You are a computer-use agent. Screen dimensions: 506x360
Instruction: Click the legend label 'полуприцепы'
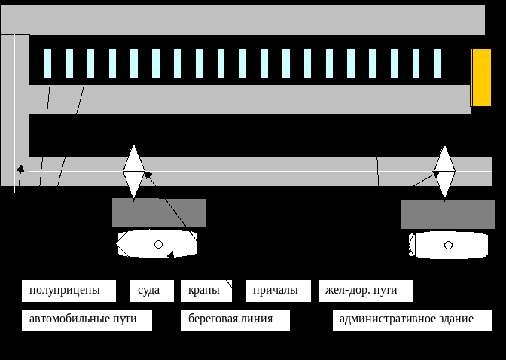click(x=69, y=291)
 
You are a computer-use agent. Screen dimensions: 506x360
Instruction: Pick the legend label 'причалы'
click(x=278, y=291)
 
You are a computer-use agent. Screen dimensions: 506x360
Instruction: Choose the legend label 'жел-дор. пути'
click(x=365, y=291)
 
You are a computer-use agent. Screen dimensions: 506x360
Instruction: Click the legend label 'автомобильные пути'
click(x=87, y=319)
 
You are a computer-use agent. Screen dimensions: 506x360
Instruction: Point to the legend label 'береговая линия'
click(x=236, y=319)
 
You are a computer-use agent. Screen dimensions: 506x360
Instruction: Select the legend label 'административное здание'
click(x=412, y=319)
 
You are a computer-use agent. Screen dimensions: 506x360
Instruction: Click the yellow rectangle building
click(x=480, y=78)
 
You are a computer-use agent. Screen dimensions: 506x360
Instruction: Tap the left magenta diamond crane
click(x=133, y=171)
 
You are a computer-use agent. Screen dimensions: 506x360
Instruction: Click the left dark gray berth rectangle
click(x=159, y=212)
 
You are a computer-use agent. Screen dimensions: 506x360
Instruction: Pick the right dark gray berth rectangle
click(x=448, y=214)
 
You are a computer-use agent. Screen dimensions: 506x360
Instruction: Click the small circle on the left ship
click(x=158, y=244)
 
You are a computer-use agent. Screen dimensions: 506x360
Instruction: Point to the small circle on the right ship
click(x=449, y=245)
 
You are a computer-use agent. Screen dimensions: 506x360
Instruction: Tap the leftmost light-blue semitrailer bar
click(x=47, y=63)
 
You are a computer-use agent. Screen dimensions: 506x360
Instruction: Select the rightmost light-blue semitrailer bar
click(x=437, y=63)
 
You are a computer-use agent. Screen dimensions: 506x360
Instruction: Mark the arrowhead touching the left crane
click(x=147, y=175)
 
